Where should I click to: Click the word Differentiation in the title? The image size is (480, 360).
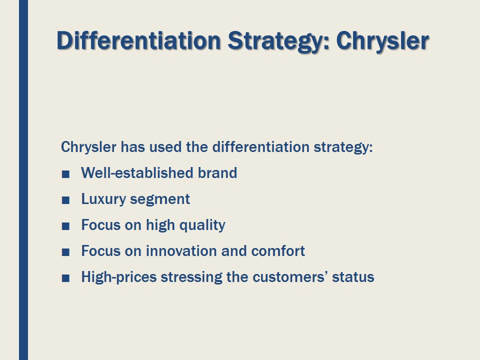point(138,40)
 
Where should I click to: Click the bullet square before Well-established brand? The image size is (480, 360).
point(65,174)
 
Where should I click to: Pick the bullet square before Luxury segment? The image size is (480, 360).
point(65,200)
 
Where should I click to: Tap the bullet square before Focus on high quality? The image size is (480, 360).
point(65,226)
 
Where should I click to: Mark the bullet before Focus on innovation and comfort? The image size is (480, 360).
point(65,252)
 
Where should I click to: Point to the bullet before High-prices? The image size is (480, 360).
point(65,278)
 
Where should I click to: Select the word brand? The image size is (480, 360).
point(217,173)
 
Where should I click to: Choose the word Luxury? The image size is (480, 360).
point(103,199)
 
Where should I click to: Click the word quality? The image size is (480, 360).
point(202,225)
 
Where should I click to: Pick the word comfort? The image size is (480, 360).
point(278,251)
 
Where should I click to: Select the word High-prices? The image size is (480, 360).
point(119,277)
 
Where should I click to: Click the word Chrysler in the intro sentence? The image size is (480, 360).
point(89,147)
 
